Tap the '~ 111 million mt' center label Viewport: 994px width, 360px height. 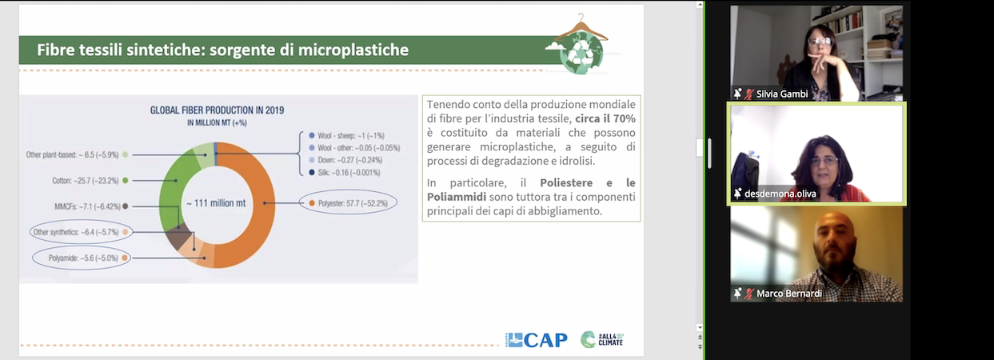[216, 203]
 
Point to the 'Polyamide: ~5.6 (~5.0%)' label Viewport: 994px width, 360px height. [83, 258]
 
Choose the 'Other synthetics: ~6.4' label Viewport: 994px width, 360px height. [76, 232]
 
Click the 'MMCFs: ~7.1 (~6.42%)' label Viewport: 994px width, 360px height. [87, 206]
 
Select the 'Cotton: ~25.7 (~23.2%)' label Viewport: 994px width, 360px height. [86, 181]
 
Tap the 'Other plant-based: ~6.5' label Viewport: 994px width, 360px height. [72, 155]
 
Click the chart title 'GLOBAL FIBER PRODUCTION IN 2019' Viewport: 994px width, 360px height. [217, 110]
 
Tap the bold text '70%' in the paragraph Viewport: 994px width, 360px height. [625, 118]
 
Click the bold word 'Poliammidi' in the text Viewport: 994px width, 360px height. [457, 197]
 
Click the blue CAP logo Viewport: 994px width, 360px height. [536, 340]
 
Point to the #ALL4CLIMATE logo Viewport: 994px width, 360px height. [602, 339]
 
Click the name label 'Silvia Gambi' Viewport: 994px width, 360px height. [782, 94]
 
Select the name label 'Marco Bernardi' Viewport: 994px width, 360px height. [789, 294]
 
